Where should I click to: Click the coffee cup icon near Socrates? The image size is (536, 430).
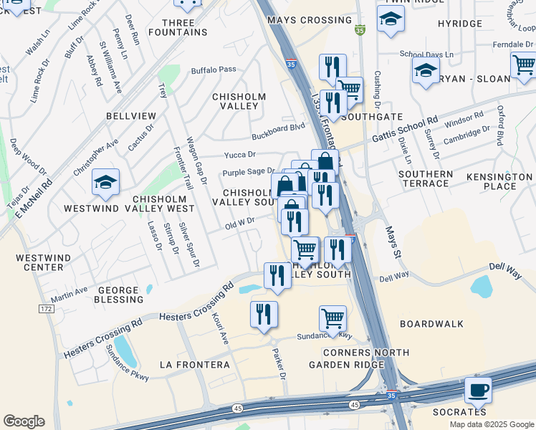pos(478,391)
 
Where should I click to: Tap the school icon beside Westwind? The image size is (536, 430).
pos(105,183)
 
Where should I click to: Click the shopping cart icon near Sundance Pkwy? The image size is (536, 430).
pos(332,318)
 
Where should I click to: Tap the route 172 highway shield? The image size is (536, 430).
pos(47,309)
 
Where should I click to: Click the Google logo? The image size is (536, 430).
pos(24,421)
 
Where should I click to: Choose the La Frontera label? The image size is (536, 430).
pos(195,365)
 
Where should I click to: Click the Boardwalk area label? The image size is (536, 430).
pos(427,324)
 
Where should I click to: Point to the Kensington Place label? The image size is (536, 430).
pos(500,181)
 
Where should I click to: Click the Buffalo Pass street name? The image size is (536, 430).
pos(213,70)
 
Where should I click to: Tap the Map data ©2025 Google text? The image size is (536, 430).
pos(492,424)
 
